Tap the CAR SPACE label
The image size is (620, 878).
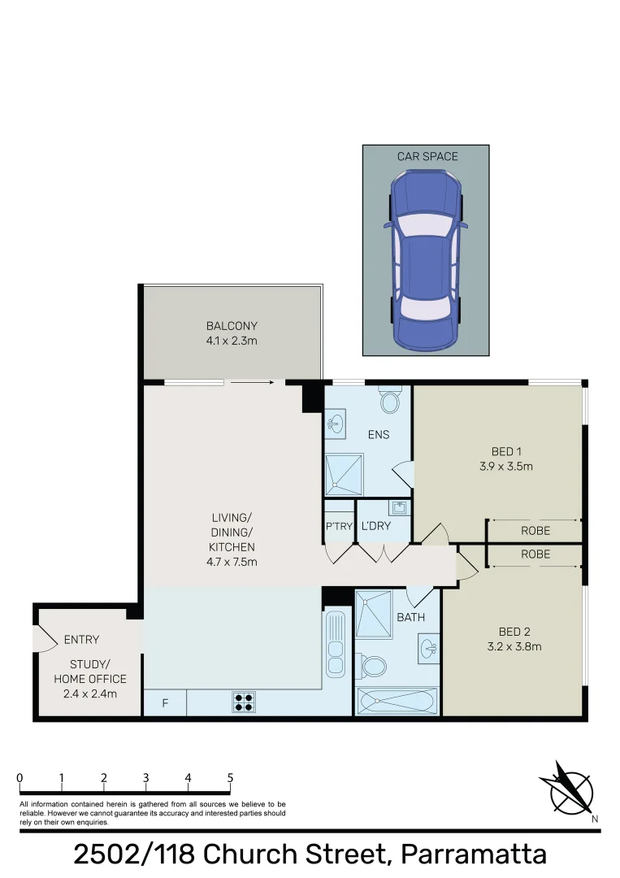tap(427, 156)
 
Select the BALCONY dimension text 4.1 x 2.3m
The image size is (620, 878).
tap(232, 341)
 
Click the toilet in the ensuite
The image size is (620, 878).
tap(390, 399)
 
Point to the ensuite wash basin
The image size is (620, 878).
tap(335, 423)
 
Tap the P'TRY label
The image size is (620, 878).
tap(339, 527)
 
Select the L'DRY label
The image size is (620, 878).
tap(376, 527)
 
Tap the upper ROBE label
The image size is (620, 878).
tap(535, 530)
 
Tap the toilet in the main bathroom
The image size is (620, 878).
tap(373, 667)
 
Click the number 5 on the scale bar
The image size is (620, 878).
tap(230, 778)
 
